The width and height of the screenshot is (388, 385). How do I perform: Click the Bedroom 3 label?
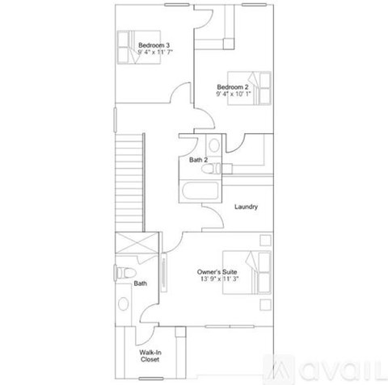tap(154, 44)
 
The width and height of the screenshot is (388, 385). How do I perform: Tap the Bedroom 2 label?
tap(232, 86)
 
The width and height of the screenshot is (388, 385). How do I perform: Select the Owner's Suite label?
tap(217, 273)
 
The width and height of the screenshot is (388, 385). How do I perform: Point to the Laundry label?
tap(246, 207)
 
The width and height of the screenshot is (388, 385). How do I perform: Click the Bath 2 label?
tap(199, 161)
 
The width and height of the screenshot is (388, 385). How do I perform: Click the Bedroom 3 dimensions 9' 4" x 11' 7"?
tap(155, 52)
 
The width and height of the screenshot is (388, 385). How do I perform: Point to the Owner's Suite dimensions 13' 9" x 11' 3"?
tap(217, 281)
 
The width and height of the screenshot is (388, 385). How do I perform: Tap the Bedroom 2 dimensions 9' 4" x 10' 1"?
tap(234, 94)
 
